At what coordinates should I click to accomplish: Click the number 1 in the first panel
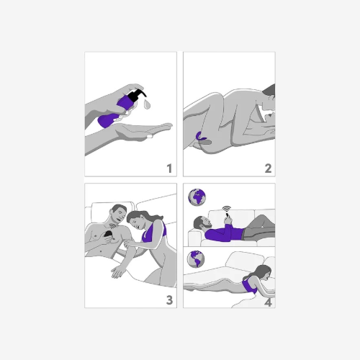170,168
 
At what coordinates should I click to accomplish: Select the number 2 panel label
268,168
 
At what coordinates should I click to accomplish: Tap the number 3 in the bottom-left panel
169,300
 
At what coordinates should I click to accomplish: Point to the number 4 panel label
268,302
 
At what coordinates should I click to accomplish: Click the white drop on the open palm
149,136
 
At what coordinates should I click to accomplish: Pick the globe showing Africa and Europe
197,197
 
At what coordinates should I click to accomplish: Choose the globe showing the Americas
196,259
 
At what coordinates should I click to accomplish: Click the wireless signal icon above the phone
227,209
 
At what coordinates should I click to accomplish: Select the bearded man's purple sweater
225,233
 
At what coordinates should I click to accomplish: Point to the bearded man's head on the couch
202,222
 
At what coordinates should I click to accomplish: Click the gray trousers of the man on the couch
258,230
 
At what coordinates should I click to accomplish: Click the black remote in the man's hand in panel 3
108,235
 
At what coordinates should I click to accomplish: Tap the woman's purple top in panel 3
154,232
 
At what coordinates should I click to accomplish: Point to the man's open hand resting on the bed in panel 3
118,271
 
